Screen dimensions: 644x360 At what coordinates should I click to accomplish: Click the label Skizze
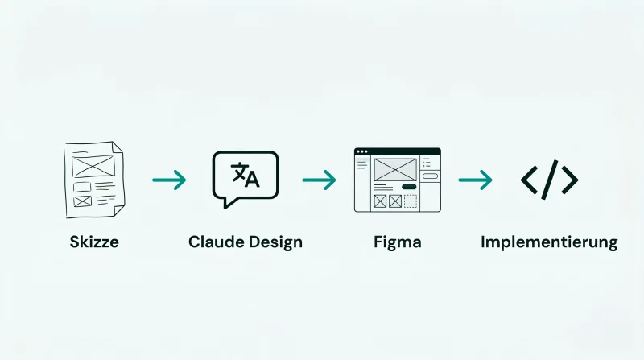[x=94, y=242]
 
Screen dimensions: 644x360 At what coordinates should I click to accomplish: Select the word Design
[x=275, y=242]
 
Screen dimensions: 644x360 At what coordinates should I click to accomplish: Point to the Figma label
[x=398, y=242]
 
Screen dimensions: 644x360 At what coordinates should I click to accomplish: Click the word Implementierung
[x=549, y=242]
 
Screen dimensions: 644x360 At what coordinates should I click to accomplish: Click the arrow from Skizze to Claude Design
[x=169, y=180]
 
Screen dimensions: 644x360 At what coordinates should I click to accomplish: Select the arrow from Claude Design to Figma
[x=319, y=180]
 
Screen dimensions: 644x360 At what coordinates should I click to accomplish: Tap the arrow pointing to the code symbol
[x=475, y=180]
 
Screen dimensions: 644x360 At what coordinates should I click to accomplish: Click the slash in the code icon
[x=550, y=180]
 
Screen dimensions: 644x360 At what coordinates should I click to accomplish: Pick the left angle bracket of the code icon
[x=529, y=180]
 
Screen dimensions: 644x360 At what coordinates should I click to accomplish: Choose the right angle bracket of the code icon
[x=570, y=180]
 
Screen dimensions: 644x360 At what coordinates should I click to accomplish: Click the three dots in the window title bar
[x=361, y=151]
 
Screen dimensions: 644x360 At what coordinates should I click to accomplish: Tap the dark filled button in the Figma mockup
[x=409, y=187]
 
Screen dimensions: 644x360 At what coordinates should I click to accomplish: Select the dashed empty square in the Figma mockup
[x=411, y=201]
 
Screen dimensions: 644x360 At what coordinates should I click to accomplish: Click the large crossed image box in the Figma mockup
[x=395, y=169]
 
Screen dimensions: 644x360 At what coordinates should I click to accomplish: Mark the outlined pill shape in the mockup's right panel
[x=430, y=176]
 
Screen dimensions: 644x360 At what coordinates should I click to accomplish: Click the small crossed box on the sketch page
[x=83, y=201]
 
